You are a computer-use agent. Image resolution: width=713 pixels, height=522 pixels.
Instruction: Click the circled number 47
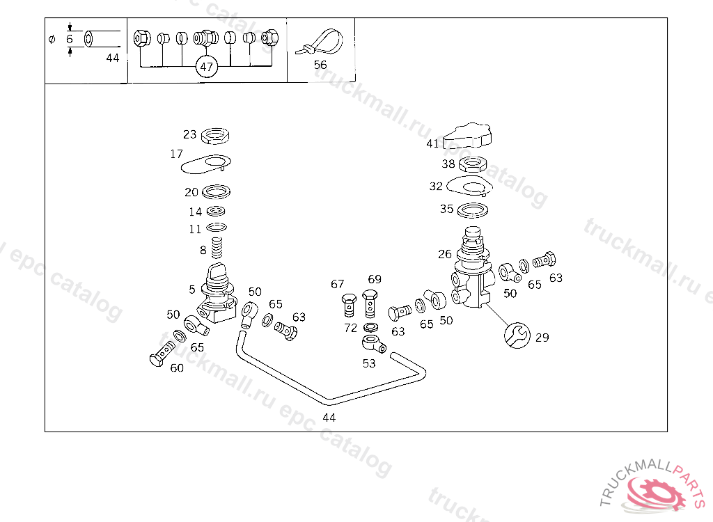coord(206,67)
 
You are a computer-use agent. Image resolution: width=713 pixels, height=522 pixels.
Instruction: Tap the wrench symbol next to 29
coord(517,335)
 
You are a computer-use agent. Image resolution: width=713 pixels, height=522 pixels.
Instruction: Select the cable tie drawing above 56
coord(320,42)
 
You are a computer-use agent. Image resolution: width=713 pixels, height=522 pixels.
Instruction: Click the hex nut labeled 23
coord(215,136)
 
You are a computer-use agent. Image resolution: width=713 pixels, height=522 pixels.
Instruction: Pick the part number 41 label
coord(432,143)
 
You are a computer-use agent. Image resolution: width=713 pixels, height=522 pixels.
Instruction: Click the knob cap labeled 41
coord(467,136)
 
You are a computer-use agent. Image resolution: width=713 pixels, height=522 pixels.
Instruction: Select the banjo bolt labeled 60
coord(162,354)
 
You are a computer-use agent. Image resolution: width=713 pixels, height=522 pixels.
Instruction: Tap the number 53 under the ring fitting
coord(369,363)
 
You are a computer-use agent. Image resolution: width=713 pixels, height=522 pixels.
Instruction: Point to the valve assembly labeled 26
coord(473,267)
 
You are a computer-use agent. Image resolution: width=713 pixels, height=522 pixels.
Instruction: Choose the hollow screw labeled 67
coord(349,305)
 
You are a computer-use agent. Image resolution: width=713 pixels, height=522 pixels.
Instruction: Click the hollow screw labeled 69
coord(370,303)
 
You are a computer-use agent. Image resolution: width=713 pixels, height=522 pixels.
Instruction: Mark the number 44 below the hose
coord(329,418)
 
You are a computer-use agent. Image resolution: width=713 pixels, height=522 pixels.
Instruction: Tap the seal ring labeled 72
coord(370,327)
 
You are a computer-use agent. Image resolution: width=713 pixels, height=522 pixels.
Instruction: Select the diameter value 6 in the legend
coord(69,39)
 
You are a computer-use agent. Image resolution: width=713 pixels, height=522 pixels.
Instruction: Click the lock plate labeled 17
coord(206,164)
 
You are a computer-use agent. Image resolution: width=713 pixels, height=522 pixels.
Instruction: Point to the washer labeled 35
coord(473,210)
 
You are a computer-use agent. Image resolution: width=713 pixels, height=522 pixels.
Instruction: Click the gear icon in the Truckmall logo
coord(657,493)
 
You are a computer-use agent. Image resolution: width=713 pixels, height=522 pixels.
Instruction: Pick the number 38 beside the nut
coord(448,164)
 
